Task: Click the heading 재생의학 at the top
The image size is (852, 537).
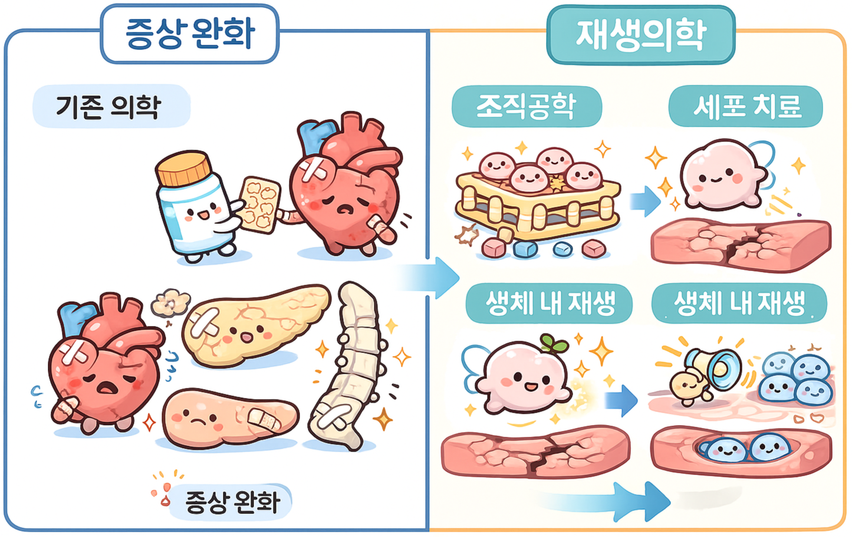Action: (640, 34)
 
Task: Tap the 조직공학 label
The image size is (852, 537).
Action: (526, 107)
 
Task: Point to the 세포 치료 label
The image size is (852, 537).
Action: (745, 107)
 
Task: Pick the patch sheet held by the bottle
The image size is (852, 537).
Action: (260, 203)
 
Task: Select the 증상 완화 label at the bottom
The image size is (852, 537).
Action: (231, 502)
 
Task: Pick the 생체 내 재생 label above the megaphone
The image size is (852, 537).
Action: (739, 304)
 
